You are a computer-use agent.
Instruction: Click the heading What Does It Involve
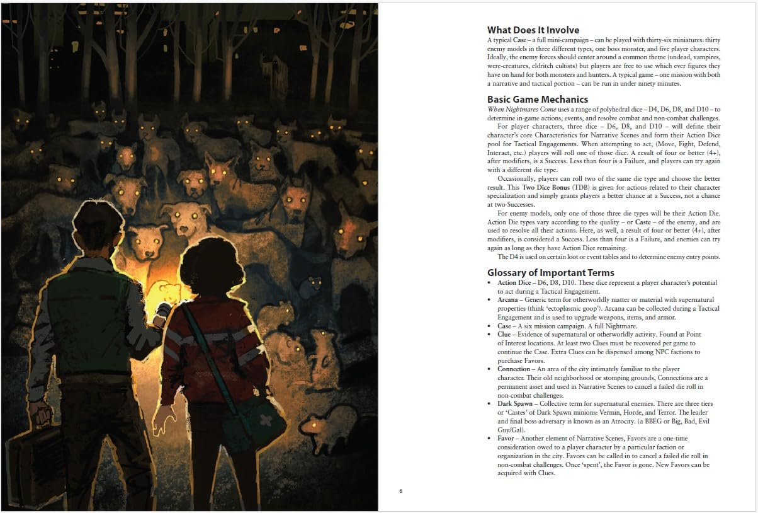533,30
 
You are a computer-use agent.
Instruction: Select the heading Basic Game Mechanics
538,100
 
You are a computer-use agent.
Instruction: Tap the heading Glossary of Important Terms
550,273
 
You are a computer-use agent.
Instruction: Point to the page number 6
400,492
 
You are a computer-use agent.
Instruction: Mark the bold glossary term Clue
504,334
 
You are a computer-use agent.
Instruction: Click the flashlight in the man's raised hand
162,311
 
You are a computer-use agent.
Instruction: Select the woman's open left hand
166,418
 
